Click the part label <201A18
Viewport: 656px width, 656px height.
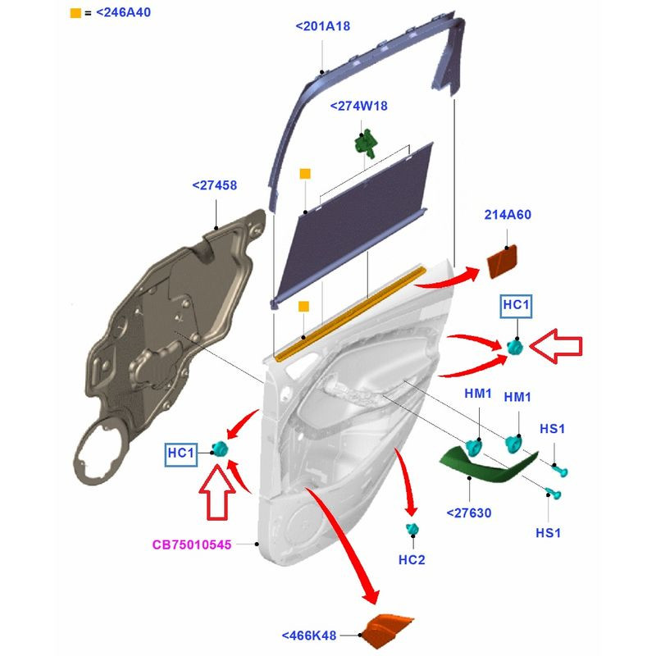point(322,26)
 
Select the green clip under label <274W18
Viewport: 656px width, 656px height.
point(365,141)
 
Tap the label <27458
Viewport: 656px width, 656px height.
point(214,186)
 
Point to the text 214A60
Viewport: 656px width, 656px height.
point(509,216)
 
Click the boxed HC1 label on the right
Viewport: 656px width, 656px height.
point(517,306)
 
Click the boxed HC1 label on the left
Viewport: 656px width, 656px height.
point(181,453)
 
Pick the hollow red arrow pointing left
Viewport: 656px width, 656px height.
point(556,347)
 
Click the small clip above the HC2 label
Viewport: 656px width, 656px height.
point(412,529)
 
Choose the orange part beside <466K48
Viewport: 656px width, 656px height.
point(388,630)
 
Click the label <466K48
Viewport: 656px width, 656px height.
point(309,635)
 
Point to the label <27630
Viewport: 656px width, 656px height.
point(468,513)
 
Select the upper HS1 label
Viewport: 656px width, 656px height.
point(552,429)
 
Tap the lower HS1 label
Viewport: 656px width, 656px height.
point(549,532)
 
